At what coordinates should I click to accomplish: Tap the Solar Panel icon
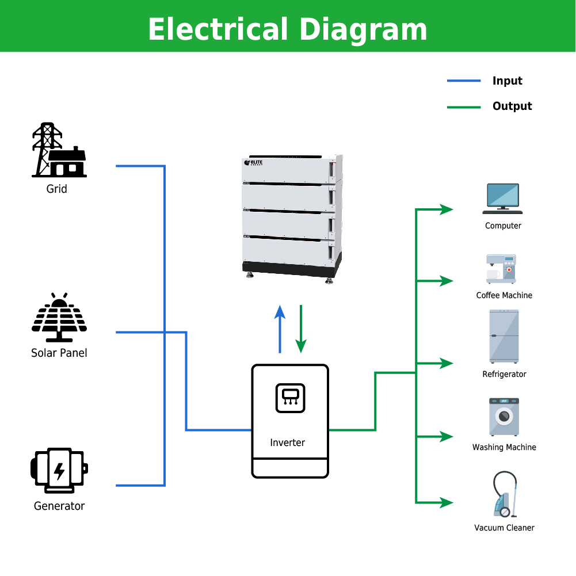tap(59, 318)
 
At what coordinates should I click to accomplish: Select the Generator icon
tap(59, 470)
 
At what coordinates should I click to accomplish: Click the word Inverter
tap(287, 443)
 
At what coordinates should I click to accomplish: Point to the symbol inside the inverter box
tap(290, 398)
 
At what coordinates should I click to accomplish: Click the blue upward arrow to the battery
tap(280, 329)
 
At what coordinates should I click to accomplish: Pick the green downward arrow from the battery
tap(301, 329)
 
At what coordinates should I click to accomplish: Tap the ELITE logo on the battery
tap(253, 162)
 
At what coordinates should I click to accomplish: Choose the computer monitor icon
tap(502, 199)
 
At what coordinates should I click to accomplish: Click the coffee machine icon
tap(501, 269)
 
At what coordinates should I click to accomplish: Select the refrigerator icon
tap(504, 337)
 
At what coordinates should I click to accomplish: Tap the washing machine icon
tap(504, 417)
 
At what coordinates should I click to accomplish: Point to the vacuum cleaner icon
tap(505, 494)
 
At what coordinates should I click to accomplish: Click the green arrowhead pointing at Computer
tap(447, 209)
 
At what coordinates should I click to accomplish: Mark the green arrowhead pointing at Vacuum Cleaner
tap(447, 502)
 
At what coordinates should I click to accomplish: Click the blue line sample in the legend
tap(464, 81)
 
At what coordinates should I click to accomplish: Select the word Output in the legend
tap(512, 106)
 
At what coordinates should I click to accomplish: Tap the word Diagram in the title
tap(363, 30)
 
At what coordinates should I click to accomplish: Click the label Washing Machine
tap(504, 448)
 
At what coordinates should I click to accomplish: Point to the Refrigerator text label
tap(504, 375)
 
